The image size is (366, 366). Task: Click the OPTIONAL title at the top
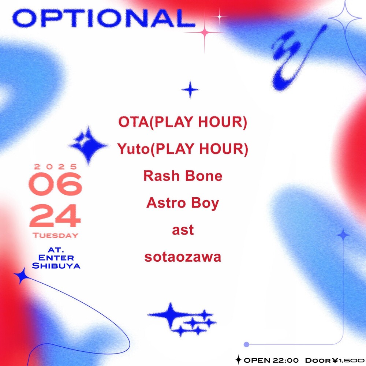104,18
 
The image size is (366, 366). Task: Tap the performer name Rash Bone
183,176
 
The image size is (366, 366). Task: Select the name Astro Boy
183,203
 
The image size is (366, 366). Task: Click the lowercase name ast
183,230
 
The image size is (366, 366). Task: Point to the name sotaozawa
183,257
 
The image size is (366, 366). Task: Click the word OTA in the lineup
133,122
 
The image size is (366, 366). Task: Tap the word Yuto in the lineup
133,149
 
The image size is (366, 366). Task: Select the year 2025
56,167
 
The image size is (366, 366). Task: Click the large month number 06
56,184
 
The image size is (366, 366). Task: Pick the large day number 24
55,216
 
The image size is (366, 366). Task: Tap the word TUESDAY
56,235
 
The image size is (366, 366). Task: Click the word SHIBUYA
56,266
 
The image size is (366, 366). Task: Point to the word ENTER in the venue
56,258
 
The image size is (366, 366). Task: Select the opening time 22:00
285,361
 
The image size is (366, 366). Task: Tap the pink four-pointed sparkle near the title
205,32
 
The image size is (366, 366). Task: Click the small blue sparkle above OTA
190,90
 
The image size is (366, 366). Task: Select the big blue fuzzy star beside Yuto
88,145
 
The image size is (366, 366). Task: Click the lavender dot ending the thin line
246,344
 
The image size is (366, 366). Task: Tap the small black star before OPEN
238,360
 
